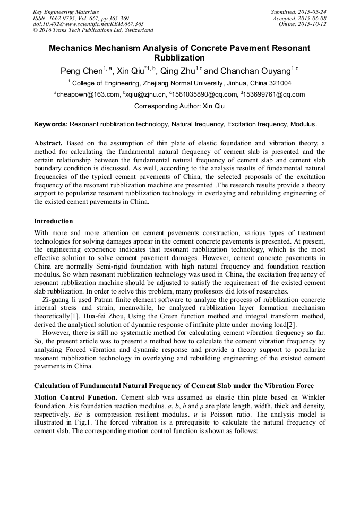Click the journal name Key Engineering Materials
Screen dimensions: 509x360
coord(65,11)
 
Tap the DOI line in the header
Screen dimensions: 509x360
coord(88,24)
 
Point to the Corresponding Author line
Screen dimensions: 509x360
coord(179,106)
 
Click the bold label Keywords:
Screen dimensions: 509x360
coord(51,124)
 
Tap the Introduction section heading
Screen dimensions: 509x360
coord(54,221)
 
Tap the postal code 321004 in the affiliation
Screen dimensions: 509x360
coord(276,83)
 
